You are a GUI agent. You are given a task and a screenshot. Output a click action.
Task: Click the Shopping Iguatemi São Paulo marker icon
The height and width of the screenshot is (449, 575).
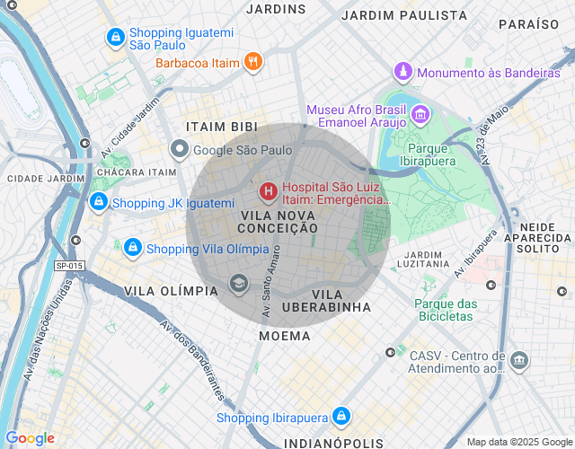pos(115,37)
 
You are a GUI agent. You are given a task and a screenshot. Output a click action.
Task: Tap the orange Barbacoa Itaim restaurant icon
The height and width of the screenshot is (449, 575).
pos(254,62)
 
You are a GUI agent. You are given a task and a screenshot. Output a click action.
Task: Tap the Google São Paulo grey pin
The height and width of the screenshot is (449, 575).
pos(180,150)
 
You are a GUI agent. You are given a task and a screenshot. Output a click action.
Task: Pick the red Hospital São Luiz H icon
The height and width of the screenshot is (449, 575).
pos(268,191)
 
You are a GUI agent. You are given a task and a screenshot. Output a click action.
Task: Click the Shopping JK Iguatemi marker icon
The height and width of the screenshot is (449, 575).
pos(100,203)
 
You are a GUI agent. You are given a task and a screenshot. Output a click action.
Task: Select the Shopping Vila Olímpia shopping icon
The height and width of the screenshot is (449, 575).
pos(132,247)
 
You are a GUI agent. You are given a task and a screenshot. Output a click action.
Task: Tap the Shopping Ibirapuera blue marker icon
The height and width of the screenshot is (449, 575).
pos(341,416)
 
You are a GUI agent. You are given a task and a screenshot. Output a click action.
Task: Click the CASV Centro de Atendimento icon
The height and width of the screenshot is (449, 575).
pos(519,361)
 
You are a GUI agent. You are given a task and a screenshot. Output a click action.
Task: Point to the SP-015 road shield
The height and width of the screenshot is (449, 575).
pos(69,266)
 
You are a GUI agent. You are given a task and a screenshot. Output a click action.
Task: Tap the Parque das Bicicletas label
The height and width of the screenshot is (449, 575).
pos(444,310)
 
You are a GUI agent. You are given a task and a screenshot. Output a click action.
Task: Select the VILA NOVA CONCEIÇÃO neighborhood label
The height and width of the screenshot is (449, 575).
pos(279,222)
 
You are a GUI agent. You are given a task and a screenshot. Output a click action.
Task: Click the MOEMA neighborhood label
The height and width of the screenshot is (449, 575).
pos(285,336)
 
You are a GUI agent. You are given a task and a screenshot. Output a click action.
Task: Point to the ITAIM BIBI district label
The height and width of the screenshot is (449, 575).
pos(216,127)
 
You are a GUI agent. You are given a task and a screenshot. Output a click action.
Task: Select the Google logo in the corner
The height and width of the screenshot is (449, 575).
pos(30,438)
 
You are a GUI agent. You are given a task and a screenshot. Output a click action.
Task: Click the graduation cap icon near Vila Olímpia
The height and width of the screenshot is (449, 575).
pos(238,285)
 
